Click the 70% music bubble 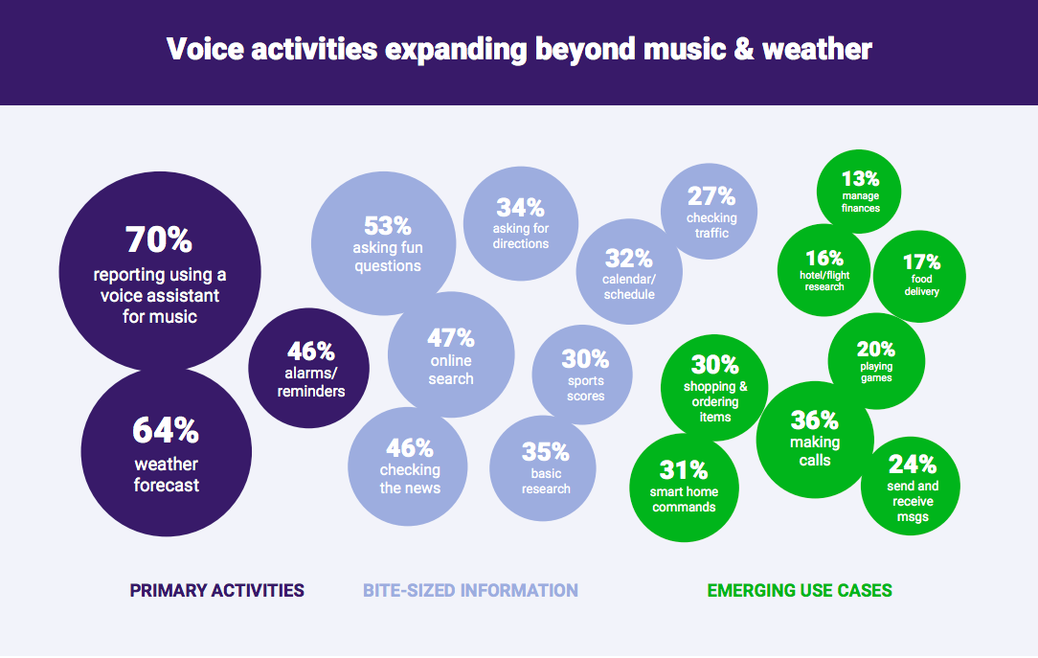160,273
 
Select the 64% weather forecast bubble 166,452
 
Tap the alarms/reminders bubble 309,368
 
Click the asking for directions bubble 520,222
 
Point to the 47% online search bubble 451,354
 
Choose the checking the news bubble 409,465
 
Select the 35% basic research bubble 544,467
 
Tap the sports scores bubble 584,374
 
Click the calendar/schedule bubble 629,272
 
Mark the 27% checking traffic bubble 711,212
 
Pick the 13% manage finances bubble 860,191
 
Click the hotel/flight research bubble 824,269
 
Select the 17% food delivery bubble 920,274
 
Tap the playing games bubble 875,361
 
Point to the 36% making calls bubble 814,440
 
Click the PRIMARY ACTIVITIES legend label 217,591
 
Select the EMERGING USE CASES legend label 800,591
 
